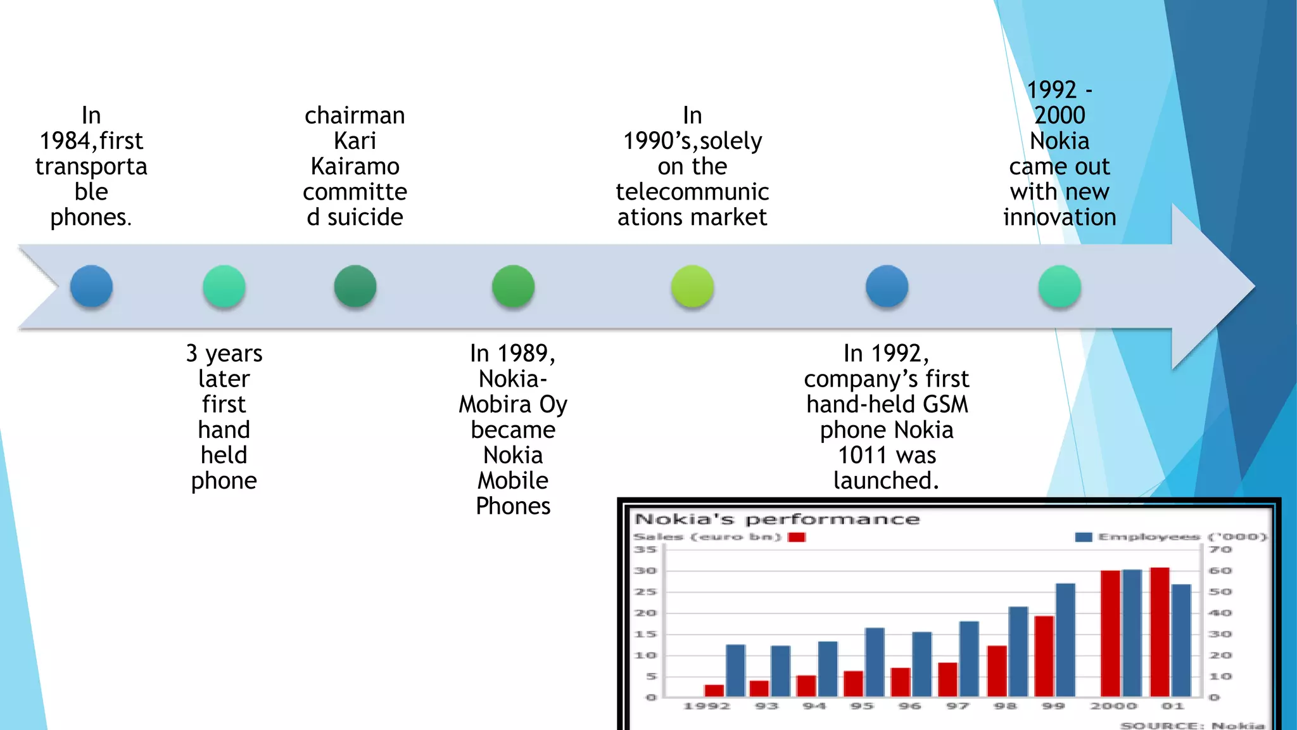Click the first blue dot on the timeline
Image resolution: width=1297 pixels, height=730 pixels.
[91, 286]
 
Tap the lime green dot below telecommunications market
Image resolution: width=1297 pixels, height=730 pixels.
[692, 286]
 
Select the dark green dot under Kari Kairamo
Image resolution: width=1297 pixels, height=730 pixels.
[355, 286]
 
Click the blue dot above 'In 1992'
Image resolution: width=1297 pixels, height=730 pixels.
[887, 286]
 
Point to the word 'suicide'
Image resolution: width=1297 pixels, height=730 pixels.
[365, 217]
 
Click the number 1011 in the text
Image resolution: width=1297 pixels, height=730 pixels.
[862, 455]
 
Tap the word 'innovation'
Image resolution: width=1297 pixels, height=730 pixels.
[1059, 217]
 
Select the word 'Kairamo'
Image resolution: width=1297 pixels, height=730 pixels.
[355, 166]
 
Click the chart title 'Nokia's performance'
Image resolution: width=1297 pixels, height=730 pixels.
[776, 520]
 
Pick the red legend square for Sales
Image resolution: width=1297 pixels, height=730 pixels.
[796, 537]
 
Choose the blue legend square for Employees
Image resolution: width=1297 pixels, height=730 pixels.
[1083, 537]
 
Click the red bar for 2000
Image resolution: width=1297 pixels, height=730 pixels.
[1110, 634]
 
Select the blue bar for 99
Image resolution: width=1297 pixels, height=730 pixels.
[1065, 640]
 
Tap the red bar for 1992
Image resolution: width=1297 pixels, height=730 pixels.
[714, 690]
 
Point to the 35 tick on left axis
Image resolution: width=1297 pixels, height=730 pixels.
[645, 549]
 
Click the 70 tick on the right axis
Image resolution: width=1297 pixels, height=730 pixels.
[1220, 549]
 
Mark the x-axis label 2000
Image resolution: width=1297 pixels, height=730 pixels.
[1113, 706]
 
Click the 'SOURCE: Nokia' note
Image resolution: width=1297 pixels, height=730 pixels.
[1192, 725]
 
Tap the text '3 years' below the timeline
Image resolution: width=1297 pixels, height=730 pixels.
[224, 354]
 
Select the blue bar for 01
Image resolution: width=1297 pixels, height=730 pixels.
[1181, 640]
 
